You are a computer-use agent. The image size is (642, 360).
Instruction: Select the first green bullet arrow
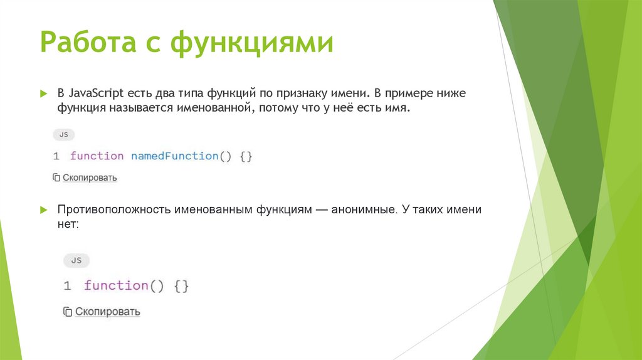43,93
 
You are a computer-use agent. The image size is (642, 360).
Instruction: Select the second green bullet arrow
43,209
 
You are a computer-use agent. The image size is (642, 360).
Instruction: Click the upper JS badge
63,134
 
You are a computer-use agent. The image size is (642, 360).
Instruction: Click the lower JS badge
76,260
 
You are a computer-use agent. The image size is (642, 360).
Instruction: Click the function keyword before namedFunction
97,156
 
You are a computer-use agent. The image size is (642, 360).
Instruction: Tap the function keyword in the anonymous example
116,285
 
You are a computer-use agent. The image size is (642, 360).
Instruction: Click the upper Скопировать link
89,177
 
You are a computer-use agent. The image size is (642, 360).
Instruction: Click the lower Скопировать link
107,311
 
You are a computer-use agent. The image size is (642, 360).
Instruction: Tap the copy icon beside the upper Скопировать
56,177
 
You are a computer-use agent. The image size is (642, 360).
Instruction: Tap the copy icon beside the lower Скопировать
68,311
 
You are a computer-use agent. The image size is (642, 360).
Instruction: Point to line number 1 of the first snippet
56,156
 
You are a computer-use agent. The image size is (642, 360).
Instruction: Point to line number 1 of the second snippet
67,285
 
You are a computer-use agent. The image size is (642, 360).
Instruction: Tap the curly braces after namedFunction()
245,156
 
